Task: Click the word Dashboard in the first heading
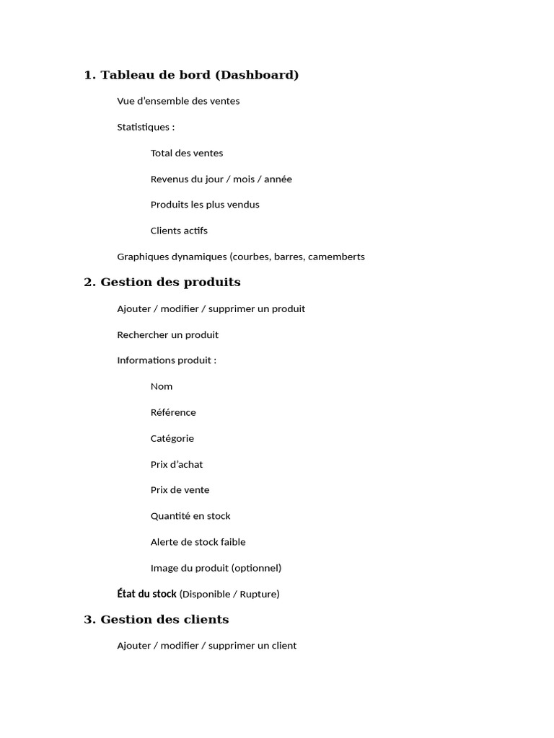(257, 75)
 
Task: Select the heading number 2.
(89, 283)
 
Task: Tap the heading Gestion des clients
(164, 620)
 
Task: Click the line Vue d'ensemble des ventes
(178, 101)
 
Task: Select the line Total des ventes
(187, 153)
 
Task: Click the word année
(277, 179)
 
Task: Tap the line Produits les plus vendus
(205, 205)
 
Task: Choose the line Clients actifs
(179, 231)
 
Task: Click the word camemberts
(336, 257)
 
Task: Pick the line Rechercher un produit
(167, 334)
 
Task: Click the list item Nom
(162, 386)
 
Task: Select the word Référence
(173, 412)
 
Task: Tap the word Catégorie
(172, 438)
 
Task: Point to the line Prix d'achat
(177, 464)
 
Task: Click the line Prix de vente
(180, 490)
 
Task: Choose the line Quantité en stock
(190, 516)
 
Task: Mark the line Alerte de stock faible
(198, 542)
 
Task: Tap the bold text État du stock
(146, 594)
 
